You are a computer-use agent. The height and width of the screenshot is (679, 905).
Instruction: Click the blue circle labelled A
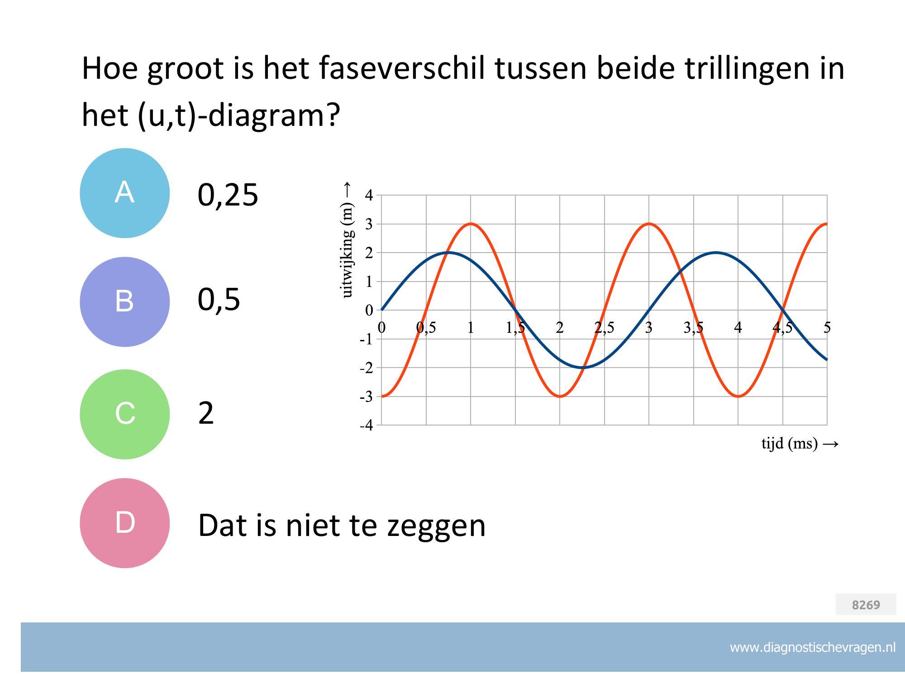[125, 193]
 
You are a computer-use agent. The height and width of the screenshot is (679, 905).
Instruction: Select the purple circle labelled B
[125, 302]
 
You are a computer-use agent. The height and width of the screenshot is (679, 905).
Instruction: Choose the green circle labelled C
[125, 414]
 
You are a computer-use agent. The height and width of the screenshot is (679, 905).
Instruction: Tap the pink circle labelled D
[125, 523]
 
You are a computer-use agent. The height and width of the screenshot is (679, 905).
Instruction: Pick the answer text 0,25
[228, 195]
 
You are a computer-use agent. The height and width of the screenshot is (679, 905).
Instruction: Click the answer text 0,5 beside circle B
[219, 300]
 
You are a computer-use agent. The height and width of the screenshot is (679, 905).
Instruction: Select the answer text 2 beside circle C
[206, 413]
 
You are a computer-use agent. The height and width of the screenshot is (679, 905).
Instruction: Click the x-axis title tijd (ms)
[790, 444]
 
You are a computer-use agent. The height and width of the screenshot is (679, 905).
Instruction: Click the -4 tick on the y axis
[367, 426]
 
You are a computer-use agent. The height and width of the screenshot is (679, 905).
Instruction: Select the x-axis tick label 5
[827, 327]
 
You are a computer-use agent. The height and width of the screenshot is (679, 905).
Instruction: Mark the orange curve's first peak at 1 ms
[471, 224]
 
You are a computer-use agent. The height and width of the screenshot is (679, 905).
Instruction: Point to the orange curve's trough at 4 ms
[738, 397]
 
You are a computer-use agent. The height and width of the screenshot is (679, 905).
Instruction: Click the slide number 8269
[866, 605]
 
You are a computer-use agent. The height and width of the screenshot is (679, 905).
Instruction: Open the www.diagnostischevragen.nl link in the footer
[813, 648]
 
